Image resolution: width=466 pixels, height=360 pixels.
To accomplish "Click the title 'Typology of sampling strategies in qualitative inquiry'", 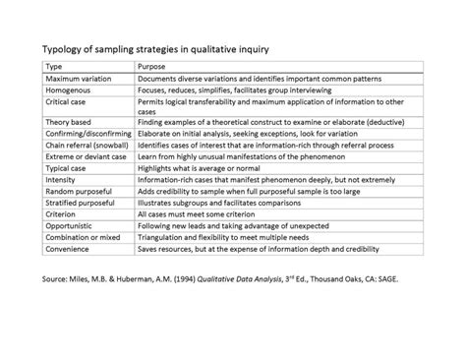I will [x=167, y=48].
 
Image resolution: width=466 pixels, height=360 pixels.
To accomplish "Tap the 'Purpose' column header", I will [x=152, y=65].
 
